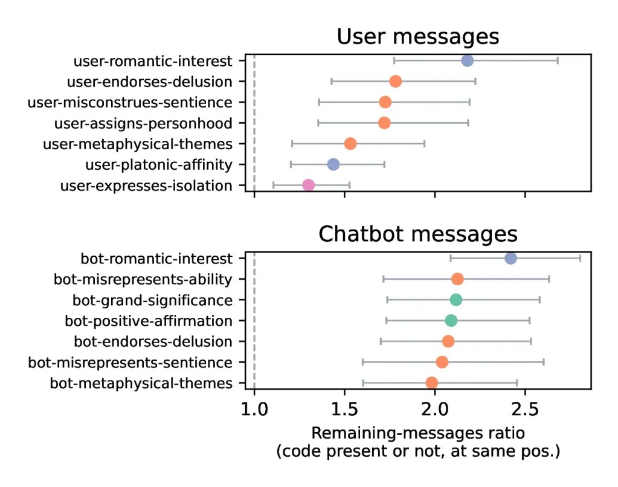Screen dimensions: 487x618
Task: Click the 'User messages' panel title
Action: click(417, 37)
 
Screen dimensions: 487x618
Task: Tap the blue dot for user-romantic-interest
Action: click(467, 60)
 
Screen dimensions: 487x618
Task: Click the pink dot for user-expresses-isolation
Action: click(308, 185)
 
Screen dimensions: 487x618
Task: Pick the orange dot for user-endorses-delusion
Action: click(395, 81)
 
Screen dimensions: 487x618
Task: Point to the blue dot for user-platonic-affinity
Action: click(333, 164)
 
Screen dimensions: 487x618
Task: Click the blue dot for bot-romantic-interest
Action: click(510, 259)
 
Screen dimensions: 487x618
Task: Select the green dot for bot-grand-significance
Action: click(455, 300)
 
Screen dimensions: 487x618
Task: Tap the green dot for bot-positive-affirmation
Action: click(451, 320)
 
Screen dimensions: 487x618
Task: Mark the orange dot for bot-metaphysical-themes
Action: click(431, 382)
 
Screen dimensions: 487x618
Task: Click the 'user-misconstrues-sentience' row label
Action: click(130, 102)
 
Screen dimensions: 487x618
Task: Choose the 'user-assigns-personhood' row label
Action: click(143, 123)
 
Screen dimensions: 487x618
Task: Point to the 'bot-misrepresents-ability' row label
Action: click(143, 279)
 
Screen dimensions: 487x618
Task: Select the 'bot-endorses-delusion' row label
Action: click(153, 341)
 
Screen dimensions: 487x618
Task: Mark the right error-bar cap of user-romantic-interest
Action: click(557, 60)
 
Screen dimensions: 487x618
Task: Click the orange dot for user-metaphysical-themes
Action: click(350, 144)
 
